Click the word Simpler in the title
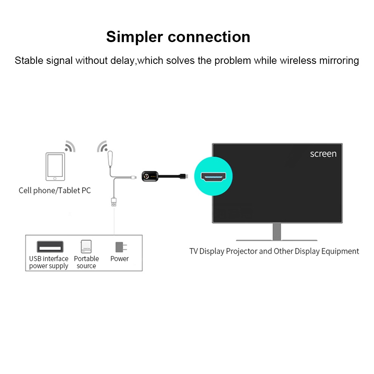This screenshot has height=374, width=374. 134,37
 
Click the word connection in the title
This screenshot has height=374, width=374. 209,37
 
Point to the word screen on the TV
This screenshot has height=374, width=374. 323,153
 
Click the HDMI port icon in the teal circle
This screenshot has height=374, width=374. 213,176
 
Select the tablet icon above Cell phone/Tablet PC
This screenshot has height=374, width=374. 55,166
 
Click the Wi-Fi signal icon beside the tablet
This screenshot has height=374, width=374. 70,146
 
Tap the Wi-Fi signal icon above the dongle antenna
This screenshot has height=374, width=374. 102,146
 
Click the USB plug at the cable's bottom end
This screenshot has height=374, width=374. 113,201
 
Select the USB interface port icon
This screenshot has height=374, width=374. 50,247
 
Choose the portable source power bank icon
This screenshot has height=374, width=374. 86,247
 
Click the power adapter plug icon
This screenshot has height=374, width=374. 120,247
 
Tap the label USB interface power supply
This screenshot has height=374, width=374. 49,262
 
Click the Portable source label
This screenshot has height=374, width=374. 86,262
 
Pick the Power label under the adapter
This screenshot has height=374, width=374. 120,259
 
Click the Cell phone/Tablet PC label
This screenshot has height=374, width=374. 55,191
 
